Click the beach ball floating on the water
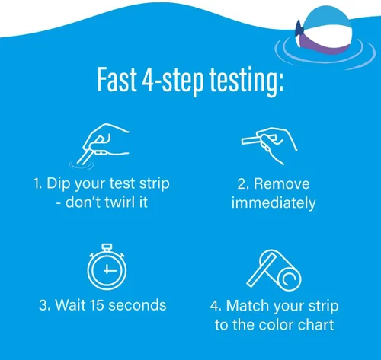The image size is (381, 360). pyautogui.click(x=324, y=30)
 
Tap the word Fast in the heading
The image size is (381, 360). pyautogui.click(x=117, y=79)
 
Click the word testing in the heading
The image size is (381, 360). pyautogui.click(x=246, y=81)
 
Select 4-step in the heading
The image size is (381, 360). pyautogui.click(x=173, y=81)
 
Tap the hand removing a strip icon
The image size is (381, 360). pyautogui.click(x=269, y=145)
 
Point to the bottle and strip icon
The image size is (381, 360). pyautogui.click(x=274, y=270)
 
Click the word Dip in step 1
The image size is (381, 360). pyautogui.click(x=58, y=184)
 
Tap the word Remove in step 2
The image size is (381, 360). pyautogui.click(x=282, y=183)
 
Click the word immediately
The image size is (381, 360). pyautogui.click(x=274, y=203)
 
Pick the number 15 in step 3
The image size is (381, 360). pyautogui.click(x=97, y=304)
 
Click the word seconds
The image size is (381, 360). pyautogui.click(x=137, y=304)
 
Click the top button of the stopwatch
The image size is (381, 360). pyautogui.click(x=107, y=247)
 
